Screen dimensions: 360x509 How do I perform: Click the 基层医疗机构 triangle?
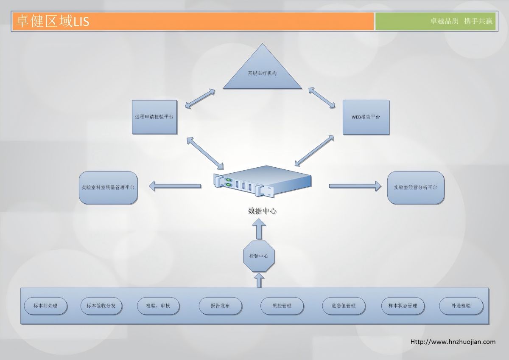point(262,72)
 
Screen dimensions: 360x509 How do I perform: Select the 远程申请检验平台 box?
point(154,117)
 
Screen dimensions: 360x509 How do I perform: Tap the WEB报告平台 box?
point(366,117)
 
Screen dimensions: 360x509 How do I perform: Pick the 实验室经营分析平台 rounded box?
point(416,187)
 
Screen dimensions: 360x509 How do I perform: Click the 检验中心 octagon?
point(259,256)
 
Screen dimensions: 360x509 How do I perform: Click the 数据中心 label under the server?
point(263,211)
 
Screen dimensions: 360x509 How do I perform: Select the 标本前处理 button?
point(45,306)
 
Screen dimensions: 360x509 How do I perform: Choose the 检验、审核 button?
point(158,306)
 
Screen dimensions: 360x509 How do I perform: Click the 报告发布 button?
point(220,306)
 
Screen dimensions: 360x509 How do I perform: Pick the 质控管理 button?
point(282,306)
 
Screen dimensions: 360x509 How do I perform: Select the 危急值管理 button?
point(344,306)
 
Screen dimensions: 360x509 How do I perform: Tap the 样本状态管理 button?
point(403,306)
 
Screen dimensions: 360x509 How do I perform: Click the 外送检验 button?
point(461,306)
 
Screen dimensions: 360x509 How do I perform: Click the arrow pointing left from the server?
point(175,186)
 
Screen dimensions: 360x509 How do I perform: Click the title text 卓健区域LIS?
point(52,21)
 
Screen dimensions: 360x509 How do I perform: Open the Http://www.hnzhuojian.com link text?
point(453,342)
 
